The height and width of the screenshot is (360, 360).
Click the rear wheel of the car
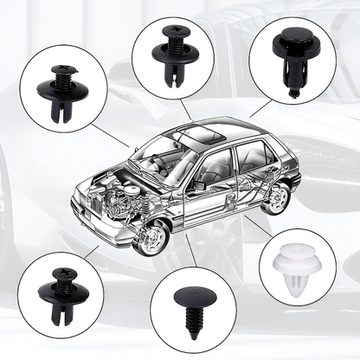point(275,199)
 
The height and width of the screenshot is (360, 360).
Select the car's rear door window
point(252,158)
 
